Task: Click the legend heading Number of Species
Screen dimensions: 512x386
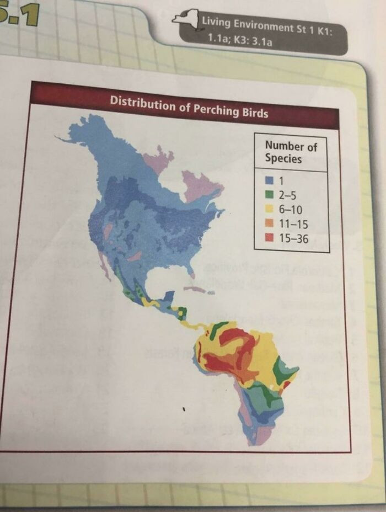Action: [x=290, y=152]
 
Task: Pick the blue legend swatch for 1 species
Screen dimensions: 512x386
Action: [x=270, y=180]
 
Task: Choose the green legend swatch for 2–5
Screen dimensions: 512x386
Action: [x=270, y=195]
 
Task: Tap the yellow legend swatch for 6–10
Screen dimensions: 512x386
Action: [x=270, y=210]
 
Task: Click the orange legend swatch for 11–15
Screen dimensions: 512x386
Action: [x=270, y=224]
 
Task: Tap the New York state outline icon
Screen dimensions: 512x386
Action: [x=185, y=18]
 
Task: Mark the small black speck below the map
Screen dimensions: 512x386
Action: [x=185, y=409]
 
